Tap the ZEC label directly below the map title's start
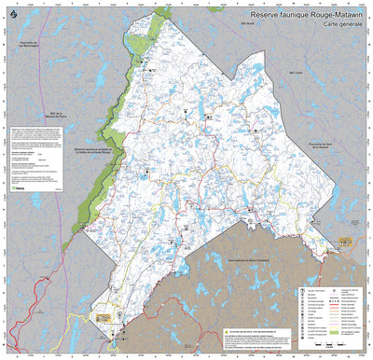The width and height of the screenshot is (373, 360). click(247, 47)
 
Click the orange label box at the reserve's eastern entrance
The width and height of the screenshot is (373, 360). click(344, 242)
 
